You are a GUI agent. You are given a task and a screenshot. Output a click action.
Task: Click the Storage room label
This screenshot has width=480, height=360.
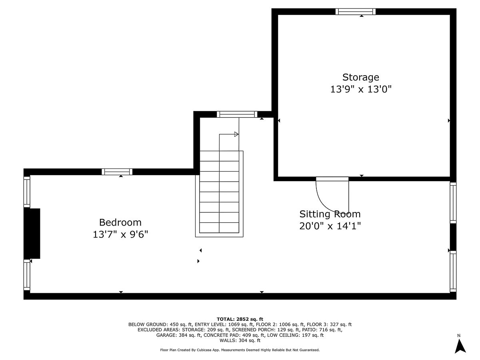click(x=360, y=77)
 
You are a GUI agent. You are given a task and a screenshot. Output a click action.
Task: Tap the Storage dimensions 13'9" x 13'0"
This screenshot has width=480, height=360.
click(x=360, y=89)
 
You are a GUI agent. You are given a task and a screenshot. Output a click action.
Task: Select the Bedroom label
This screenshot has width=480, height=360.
click(x=120, y=222)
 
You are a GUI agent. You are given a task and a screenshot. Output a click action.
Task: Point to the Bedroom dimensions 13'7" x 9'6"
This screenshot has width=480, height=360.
click(x=120, y=234)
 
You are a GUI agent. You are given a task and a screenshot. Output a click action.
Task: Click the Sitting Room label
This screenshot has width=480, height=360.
click(x=330, y=214)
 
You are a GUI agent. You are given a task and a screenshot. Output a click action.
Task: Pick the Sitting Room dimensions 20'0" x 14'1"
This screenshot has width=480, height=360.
click(x=330, y=226)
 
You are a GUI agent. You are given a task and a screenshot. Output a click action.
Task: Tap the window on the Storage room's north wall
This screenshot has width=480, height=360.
click(x=355, y=11)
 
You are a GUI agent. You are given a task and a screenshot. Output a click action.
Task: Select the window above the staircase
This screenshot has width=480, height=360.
click(x=237, y=114)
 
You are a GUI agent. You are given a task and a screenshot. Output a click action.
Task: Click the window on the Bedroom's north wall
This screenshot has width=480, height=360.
click(x=117, y=172)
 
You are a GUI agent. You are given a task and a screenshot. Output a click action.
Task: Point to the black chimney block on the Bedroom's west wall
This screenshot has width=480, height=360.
click(x=32, y=233)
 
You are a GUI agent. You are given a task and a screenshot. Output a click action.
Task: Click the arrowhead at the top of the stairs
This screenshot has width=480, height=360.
click(x=236, y=134)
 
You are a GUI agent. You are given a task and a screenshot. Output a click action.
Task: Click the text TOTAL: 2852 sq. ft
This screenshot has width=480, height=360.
click(x=240, y=319)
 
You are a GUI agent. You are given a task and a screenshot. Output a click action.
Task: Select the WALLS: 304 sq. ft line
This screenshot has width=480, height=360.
click(x=240, y=340)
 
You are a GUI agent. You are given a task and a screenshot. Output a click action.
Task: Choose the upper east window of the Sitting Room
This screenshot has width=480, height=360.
click(x=453, y=202)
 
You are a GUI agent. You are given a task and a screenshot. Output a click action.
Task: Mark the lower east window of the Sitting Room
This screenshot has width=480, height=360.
click(x=453, y=271)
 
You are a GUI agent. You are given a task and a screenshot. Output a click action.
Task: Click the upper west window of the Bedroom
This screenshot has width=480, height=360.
click(x=27, y=192)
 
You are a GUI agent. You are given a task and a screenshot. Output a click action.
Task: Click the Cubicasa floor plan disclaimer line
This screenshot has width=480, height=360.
click(x=240, y=350)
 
